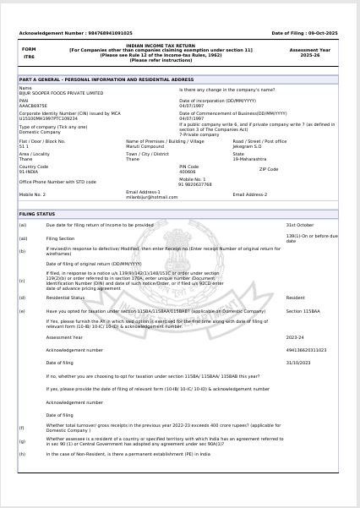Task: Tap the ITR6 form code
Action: pyautogui.click(x=29, y=57)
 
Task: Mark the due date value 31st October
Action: pyautogui.click(x=300, y=225)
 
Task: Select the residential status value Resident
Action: pyautogui.click(x=295, y=298)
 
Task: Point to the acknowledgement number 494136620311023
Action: pyautogui.click(x=306, y=348)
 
